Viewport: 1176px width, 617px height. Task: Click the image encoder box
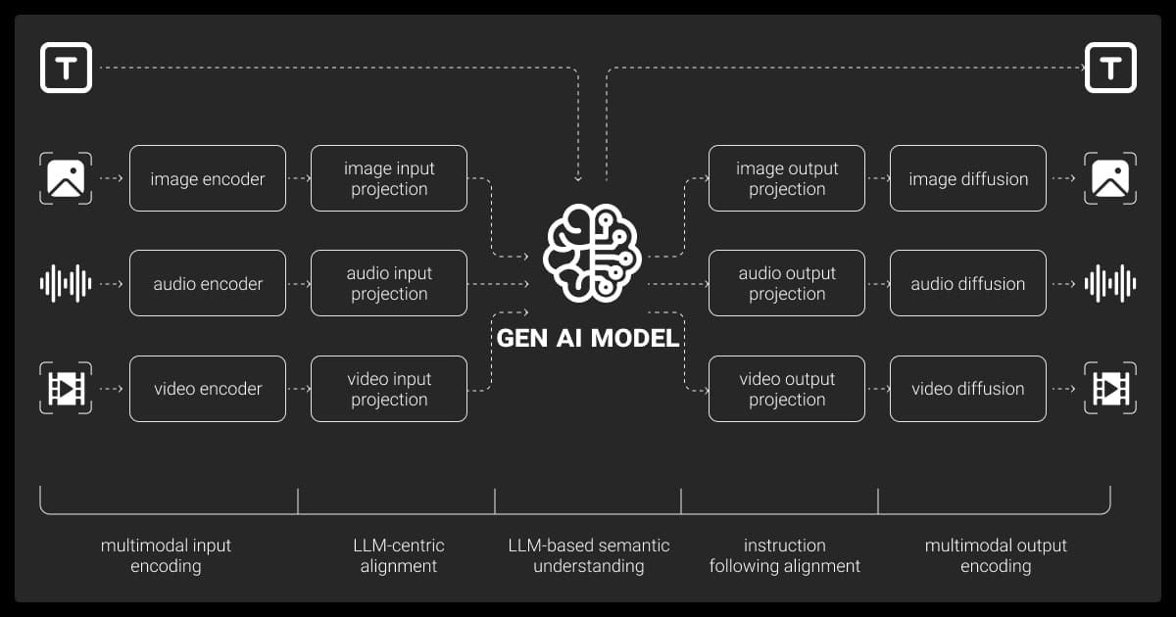(x=208, y=178)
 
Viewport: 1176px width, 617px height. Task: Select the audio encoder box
(x=208, y=283)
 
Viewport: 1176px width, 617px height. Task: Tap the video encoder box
(x=208, y=389)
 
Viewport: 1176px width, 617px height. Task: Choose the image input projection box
(x=389, y=178)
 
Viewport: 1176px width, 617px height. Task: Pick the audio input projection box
(x=389, y=283)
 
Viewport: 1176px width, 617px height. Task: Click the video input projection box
(x=389, y=389)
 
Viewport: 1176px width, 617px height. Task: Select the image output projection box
(x=787, y=178)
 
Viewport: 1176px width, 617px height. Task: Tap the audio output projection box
(x=787, y=283)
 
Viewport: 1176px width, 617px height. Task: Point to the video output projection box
(x=787, y=389)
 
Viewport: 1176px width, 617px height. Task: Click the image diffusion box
(x=968, y=178)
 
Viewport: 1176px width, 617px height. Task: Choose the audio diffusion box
(x=968, y=283)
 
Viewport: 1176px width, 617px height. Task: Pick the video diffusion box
(x=968, y=389)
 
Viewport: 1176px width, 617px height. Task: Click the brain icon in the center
(x=592, y=253)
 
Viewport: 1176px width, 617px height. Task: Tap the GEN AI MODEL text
(x=588, y=338)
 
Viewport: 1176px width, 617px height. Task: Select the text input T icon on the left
(x=66, y=68)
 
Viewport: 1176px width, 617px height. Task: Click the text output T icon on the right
(x=1110, y=68)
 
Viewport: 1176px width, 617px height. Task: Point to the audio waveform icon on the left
(x=66, y=283)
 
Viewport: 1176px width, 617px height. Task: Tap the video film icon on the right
(x=1110, y=389)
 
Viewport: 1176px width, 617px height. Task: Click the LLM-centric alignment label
(x=398, y=555)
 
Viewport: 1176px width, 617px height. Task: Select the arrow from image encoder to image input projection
(x=298, y=178)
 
